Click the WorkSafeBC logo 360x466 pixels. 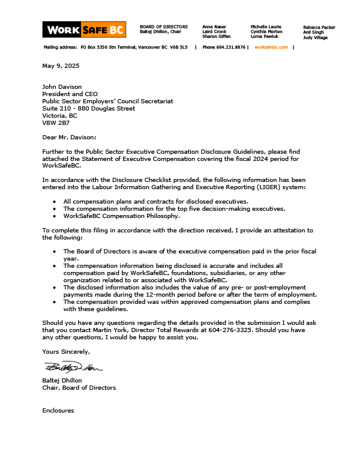(x=84, y=29)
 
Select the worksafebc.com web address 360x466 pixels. (x=271, y=47)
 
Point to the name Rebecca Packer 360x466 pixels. (x=319, y=27)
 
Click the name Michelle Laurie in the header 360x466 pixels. (x=266, y=27)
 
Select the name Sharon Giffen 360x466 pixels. (x=215, y=37)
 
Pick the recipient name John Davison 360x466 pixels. (x=62, y=87)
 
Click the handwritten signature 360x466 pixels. (x=73, y=367)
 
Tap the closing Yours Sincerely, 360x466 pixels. (x=66, y=351)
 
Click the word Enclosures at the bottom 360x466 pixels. (x=58, y=411)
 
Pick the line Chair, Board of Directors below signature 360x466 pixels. (x=79, y=388)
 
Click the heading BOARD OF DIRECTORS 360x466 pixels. (x=163, y=27)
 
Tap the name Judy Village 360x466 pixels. (x=316, y=37)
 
